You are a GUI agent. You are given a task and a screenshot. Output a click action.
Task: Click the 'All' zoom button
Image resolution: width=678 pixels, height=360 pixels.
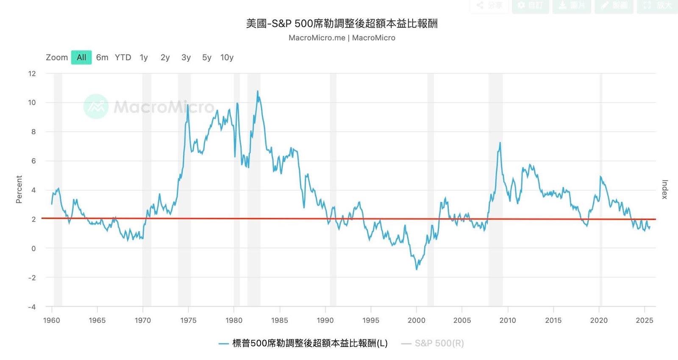81,58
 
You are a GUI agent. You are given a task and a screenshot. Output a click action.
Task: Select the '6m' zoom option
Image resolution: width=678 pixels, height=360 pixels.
102,58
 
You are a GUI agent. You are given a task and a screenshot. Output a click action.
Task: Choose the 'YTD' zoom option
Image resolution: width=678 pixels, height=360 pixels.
123,58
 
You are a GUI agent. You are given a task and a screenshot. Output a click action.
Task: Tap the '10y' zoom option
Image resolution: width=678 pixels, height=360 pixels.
227,58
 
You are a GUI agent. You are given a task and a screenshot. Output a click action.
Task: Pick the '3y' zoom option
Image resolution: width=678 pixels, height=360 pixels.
186,58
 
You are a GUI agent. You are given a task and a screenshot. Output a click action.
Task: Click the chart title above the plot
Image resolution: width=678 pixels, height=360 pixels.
342,24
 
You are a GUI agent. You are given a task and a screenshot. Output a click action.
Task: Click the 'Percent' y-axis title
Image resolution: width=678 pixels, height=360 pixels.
19,189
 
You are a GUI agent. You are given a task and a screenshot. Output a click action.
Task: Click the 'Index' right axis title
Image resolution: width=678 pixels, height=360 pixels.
664,189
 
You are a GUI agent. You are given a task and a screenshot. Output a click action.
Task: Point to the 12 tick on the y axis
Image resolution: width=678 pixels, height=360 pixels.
32,74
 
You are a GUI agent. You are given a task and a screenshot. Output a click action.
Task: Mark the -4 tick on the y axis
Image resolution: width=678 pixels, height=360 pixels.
32,307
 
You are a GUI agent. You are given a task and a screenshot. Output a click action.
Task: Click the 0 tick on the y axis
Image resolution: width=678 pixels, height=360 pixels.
33,249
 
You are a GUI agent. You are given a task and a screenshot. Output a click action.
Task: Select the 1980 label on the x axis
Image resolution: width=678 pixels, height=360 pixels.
234,321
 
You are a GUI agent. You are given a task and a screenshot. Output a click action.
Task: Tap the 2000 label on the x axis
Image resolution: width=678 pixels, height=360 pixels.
416,321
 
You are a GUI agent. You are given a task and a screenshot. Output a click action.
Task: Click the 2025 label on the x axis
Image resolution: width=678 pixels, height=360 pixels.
644,321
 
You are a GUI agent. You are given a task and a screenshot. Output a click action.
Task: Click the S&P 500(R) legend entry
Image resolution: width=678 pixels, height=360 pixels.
439,343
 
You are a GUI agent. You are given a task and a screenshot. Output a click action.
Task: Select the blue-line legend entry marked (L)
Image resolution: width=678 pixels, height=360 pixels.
309,343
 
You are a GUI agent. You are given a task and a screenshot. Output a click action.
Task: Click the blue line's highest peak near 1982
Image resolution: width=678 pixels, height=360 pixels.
257,91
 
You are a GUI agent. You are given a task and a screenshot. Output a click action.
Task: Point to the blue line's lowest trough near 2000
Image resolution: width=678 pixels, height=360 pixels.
417,269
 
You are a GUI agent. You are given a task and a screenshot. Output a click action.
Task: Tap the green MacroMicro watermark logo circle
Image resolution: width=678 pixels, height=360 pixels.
96,106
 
